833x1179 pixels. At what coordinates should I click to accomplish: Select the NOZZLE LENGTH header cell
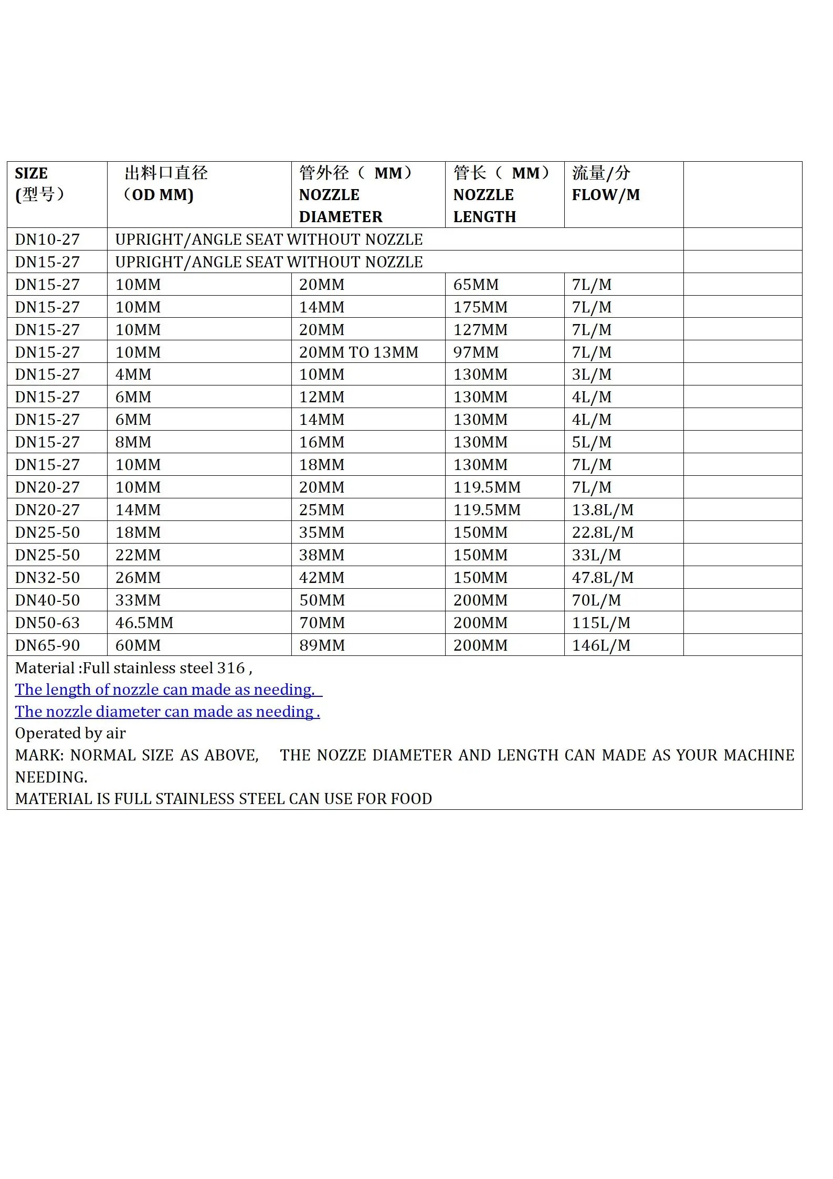pyautogui.click(x=485, y=205)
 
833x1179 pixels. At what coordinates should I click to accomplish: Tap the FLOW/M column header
pyautogui.click(x=606, y=195)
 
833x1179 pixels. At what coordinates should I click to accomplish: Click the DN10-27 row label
pyautogui.click(x=47, y=239)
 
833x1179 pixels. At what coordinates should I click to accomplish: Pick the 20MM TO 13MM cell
pyautogui.click(x=358, y=352)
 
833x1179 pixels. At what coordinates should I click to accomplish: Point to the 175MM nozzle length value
pyautogui.click(x=480, y=307)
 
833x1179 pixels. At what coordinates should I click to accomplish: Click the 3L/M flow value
pyautogui.click(x=592, y=374)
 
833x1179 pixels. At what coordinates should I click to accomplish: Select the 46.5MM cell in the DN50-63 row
pyautogui.click(x=144, y=623)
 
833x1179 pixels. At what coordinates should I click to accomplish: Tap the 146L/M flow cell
pyautogui.click(x=601, y=645)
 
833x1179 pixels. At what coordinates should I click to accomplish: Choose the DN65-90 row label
pyautogui.click(x=47, y=645)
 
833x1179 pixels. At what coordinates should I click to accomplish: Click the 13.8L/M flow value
pyautogui.click(x=603, y=510)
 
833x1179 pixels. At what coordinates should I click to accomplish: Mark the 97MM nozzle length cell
pyautogui.click(x=476, y=352)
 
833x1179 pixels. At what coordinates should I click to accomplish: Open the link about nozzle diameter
pyautogui.click(x=167, y=712)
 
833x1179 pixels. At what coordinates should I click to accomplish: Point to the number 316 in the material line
pyautogui.click(x=231, y=668)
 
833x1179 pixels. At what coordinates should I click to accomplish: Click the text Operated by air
pyautogui.click(x=70, y=733)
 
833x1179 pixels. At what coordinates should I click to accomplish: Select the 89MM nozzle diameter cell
pyautogui.click(x=322, y=645)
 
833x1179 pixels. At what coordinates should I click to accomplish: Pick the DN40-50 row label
pyautogui.click(x=47, y=600)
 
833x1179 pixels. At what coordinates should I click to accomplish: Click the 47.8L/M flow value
pyautogui.click(x=603, y=578)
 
